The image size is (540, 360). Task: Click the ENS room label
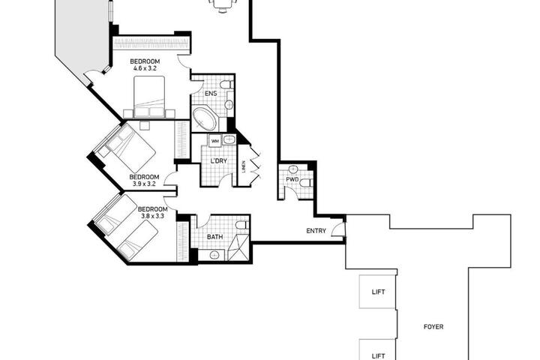point(211,93)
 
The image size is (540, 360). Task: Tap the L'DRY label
point(219,161)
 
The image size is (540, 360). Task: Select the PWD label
point(292,179)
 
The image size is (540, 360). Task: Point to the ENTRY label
point(316,231)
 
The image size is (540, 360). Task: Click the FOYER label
point(433,326)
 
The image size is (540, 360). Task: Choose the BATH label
point(215,237)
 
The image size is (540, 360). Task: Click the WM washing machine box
point(215,141)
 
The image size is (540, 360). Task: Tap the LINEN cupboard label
point(244,166)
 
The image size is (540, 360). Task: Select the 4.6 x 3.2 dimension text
point(145,68)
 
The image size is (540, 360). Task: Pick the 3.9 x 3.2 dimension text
point(144,184)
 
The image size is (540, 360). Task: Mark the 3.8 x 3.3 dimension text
point(152,216)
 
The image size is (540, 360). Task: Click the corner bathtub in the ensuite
point(205,118)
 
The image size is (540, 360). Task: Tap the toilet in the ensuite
point(226,85)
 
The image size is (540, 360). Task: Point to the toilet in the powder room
point(306,183)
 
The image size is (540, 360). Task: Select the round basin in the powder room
point(293,169)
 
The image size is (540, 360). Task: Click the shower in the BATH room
point(238,247)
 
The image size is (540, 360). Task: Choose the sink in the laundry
point(229,139)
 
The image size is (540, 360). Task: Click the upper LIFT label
point(378,292)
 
